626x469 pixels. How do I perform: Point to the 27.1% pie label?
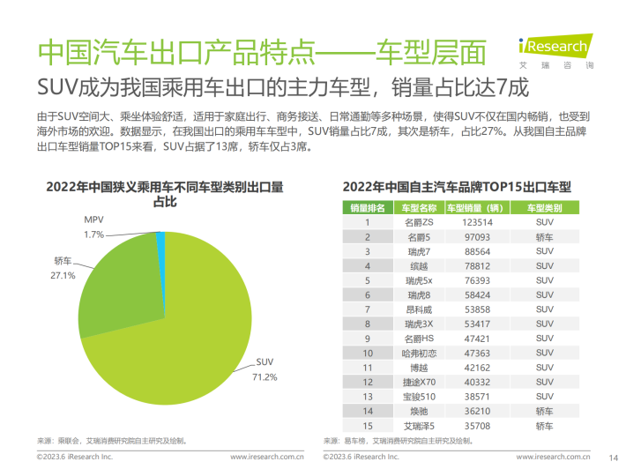pos(63,275)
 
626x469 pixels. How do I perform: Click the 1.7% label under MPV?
pos(94,234)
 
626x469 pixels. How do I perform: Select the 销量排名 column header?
pos(368,207)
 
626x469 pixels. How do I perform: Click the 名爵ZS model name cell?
pos(420,222)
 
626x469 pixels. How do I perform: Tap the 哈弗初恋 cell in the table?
pos(420,352)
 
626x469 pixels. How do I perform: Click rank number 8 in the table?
pos(368,323)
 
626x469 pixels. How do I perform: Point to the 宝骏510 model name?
pos(420,395)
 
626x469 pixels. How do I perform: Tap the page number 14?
pos(613,457)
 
